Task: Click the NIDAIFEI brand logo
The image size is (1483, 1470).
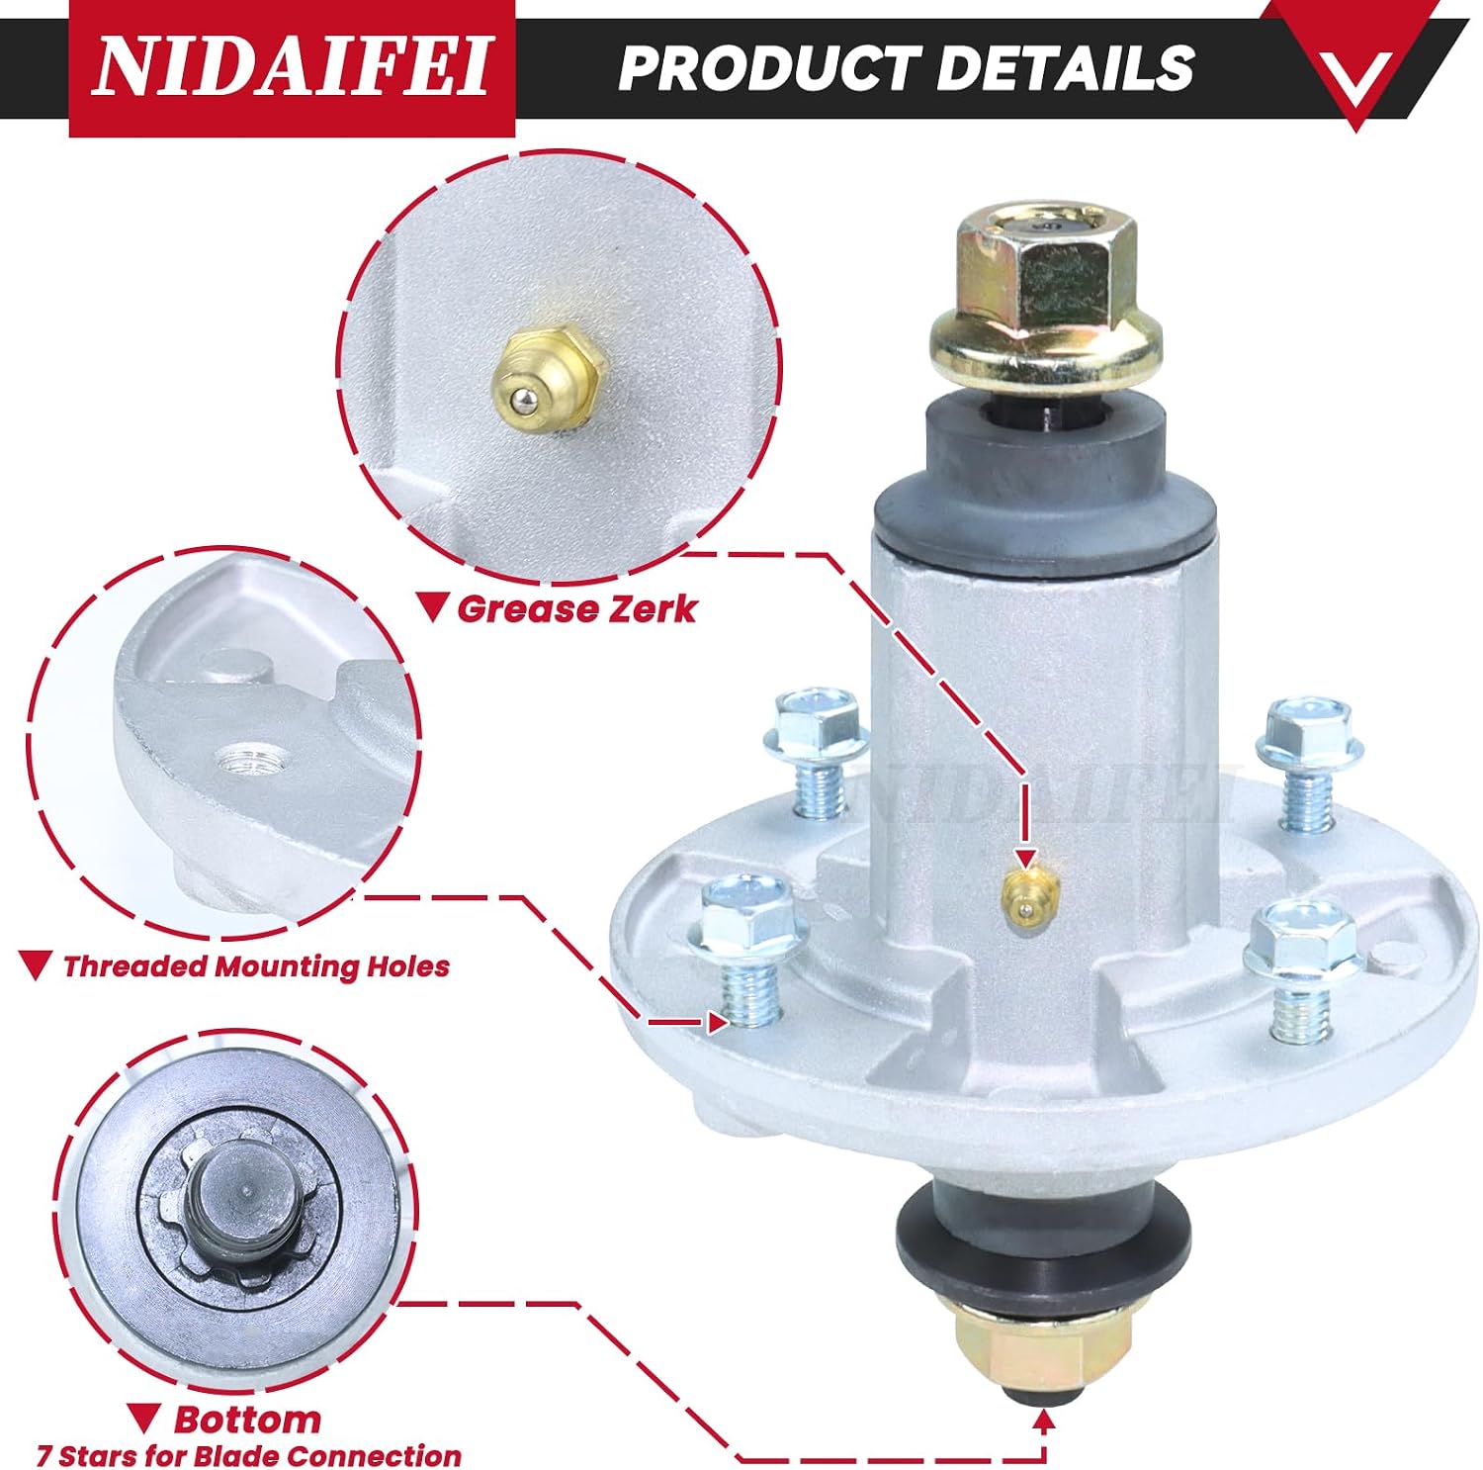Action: pyautogui.click(x=292, y=67)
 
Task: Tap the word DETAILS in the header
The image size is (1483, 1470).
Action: pyautogui.click(x=1066, y=67)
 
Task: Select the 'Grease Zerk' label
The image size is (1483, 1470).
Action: pyautogui.click(x=576, y=608)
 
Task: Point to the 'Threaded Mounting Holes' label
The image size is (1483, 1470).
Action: pyautogui.click(x=256, y=966)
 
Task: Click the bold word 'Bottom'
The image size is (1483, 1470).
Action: pyautogui.click(x=247, y=1420)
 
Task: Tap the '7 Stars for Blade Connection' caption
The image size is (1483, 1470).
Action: pyautogui.click(x=249, y=1456)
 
